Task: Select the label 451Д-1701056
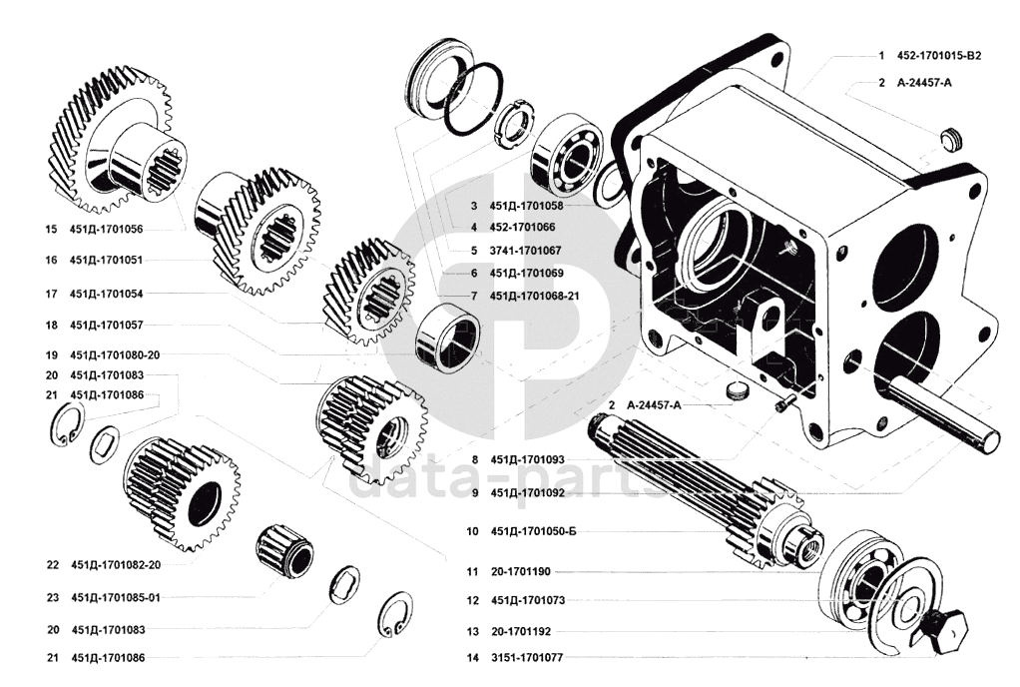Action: (x=106, y=229)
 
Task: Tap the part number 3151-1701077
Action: (x=527, y=658)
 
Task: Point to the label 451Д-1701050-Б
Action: (x=533, y=531)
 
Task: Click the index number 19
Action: (x=51, y=355)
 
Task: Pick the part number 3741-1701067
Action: (x=526, y=251)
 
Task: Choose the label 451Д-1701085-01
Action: (x=115, y=597)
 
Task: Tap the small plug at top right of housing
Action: (x=950, y=139)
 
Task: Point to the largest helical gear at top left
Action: (x=112, y=139)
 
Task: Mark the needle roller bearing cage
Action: (x=283, y=550)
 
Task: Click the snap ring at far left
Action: (x=67, y=424)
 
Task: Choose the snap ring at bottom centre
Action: (x=395, y=612)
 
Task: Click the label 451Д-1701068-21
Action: (x=535, y=296)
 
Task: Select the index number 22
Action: (x=53, y=565)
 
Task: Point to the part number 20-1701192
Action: (x=520, y=631)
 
